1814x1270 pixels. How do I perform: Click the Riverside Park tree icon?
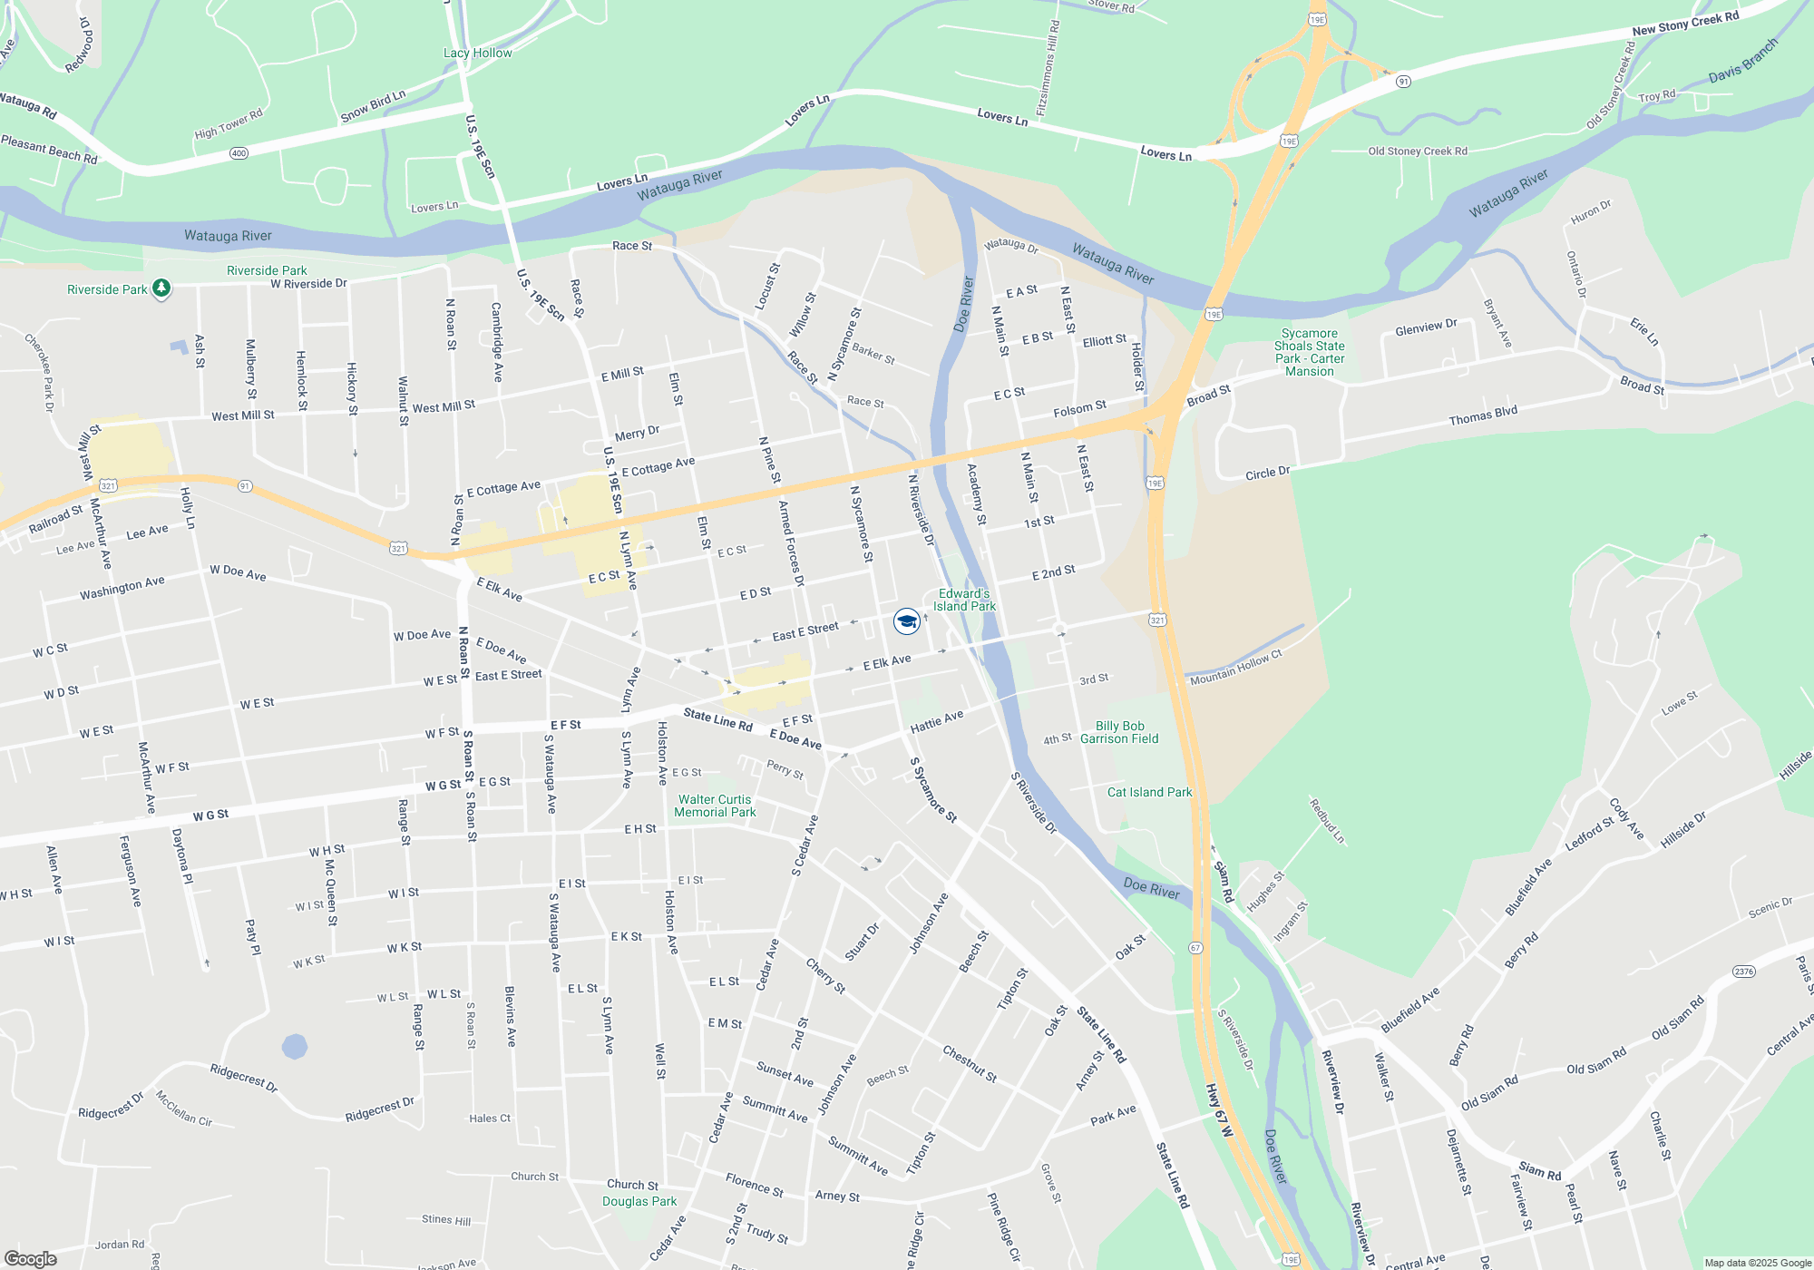[x=161, y=288]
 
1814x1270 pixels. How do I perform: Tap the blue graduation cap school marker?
[x=906, y=620]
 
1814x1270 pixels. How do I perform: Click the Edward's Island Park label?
[x=964, y=600]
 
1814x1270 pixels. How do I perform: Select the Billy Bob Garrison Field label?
[x=1119, y=732]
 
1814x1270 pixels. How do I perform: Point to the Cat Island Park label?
[x=1149, y=792]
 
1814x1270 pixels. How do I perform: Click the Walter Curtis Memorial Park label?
[x=715, y=806]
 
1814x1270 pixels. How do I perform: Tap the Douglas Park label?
[x=639, y=1201]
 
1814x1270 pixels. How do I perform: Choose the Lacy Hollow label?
[x=477, y=53]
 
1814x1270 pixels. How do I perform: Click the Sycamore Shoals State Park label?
[x=1309, y=352]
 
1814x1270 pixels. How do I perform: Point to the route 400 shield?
[x=239, y=153]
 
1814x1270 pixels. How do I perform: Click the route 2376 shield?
[x=1743, y=972]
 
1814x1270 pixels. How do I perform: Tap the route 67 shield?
[x=1195, y=948]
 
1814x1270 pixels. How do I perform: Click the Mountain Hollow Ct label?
[x=1235, y=667]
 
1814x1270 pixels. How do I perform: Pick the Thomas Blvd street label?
[x=1482, y=415]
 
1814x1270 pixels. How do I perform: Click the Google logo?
[x=31, y=1258]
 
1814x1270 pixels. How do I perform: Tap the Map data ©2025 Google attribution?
[x=1757, y=1263]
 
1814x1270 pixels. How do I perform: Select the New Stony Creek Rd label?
[x=1685, y=24]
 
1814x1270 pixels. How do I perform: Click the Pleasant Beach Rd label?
[x=49, y=150]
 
